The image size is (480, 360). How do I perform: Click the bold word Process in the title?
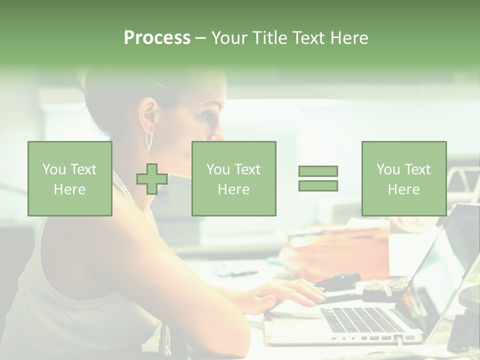pyautogui.click(x=157, y=37)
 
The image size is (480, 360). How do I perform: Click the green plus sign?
pyautogui.click(x=152, y=178)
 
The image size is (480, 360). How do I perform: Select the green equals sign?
pyautogui.click(x=318, y=178)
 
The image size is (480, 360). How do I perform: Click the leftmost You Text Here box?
pyautogui.click(x=70, y=178)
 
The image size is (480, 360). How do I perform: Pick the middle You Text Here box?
pyautogui.click(x=233, y=178)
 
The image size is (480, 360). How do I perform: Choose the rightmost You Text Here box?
pyautogui.click(x=403, y=178)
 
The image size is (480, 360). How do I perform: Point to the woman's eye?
pyautogui.click(x=208, y=113)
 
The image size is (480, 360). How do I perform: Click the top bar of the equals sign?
pyautogui.click(x=318, y=171)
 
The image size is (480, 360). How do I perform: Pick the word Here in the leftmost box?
pyautogui.click(x=69, y=189)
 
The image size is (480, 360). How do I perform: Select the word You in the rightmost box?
pyautogui.click(x=388, y=169)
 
